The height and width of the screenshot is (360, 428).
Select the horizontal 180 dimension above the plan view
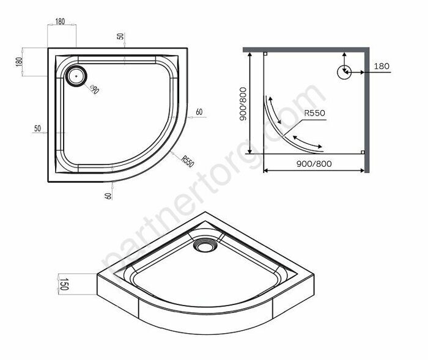click(60, 22)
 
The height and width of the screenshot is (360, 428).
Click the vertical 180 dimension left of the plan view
click(19, 62)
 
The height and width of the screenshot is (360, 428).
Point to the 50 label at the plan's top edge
click(121, 36)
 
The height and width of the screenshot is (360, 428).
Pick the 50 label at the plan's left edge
click(37, 128)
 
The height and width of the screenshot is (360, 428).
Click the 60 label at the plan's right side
click(199, 112)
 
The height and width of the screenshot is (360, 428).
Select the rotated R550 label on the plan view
click(188, 161)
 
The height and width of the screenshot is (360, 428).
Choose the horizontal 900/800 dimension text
click(314, 163)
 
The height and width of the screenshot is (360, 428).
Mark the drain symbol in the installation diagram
click(344, 72)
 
